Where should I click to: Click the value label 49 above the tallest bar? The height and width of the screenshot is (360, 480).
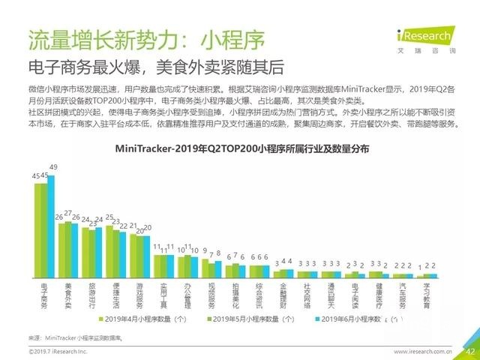(x=53, y=166)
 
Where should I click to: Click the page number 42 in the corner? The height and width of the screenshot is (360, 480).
(x=470, y=351)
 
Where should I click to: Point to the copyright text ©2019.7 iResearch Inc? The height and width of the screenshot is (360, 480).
(x=58, y=351)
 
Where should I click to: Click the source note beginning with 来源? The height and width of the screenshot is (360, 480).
(x=75, y=338)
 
